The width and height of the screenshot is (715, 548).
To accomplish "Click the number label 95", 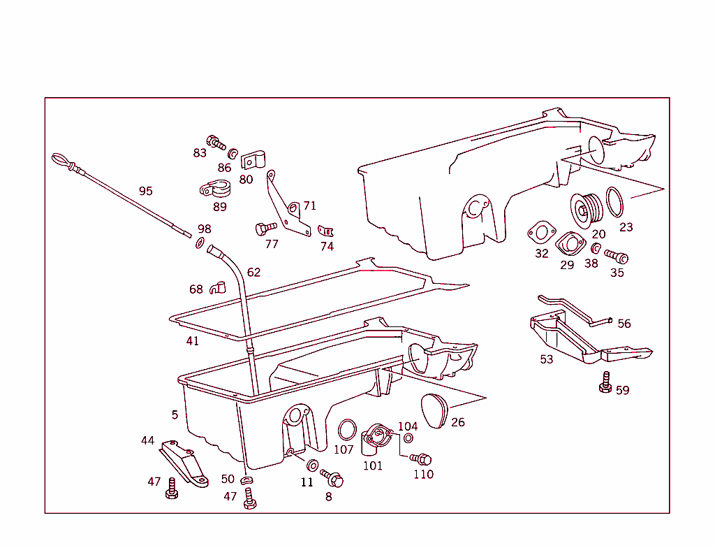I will click(145, 191).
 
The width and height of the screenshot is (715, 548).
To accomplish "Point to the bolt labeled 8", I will click(333, 479).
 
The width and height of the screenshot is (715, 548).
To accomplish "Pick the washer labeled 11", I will click(313, 466).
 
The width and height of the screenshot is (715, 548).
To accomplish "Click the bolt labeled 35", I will click(617, 257).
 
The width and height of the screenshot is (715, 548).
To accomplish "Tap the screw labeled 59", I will click(605, 383).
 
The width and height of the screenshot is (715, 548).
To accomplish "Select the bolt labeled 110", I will click(421, 459).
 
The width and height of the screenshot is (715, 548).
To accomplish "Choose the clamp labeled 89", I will click(215, 189).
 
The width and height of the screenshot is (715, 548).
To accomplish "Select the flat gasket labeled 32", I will click(540, 232).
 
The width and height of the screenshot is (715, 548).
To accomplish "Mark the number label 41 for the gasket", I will click(192, 341).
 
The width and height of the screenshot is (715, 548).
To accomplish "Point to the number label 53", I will click(546, 359).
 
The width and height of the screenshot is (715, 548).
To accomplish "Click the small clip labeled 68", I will click(218, 287).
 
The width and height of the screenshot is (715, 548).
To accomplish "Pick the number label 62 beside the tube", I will click(253, 272).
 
